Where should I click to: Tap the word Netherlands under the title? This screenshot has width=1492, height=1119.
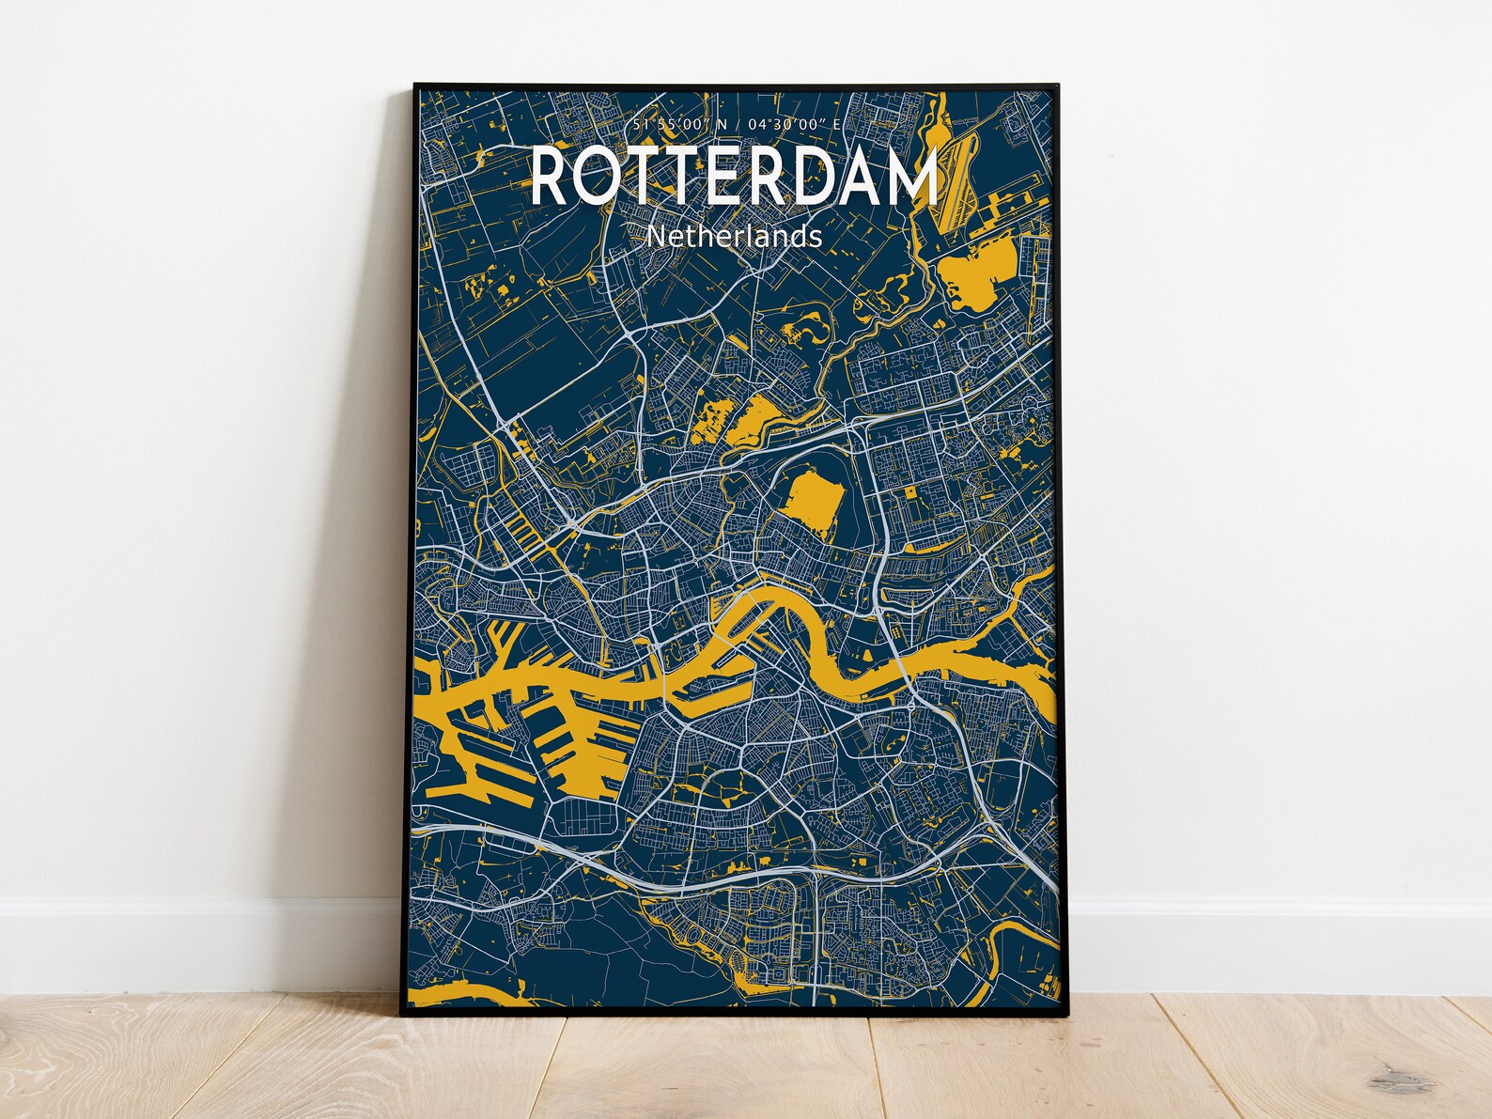[735, 236]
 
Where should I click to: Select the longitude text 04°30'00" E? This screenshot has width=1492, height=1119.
[785, 126]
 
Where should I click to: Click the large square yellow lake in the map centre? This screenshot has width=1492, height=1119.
[813, 500]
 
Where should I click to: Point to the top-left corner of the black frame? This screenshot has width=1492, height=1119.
[416, 85]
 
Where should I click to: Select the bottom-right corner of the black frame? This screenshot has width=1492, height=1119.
[1070, 1013]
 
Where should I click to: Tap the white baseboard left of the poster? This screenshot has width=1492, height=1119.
[188, 930]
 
